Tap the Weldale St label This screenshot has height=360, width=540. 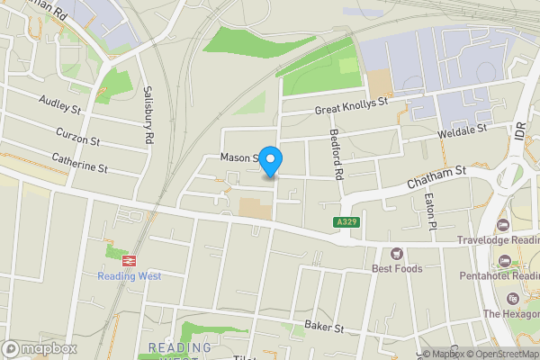(461, 130)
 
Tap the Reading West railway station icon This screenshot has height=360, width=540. (129, 259)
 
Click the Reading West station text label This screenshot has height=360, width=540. (129, 276)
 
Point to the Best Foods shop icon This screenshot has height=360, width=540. (397, 253)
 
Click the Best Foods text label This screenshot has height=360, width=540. (397, 268)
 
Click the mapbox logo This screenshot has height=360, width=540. (40, 348)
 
